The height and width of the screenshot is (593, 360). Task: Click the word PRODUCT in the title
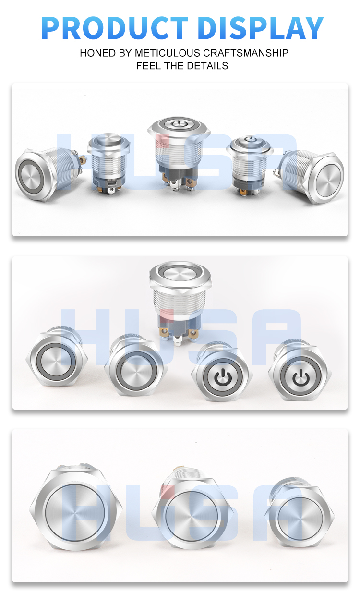(115, 28)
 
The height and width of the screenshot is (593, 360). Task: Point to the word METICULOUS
(164, 53)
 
